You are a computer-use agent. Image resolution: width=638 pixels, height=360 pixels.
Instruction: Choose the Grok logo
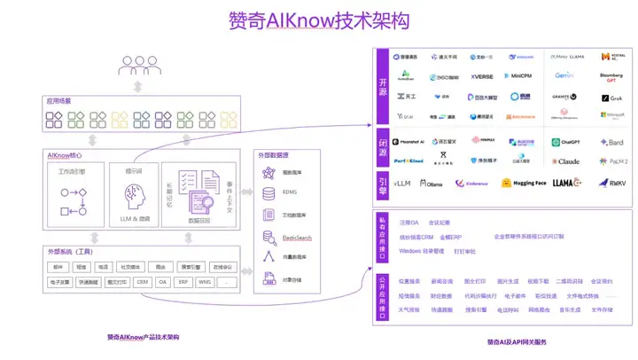coord(612,98)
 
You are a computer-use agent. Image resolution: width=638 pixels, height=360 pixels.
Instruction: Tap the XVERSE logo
coord(482,76)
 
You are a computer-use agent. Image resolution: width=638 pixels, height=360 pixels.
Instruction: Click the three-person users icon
coord(136,66)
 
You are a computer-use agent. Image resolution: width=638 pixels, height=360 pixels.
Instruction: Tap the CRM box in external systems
coord(142,282)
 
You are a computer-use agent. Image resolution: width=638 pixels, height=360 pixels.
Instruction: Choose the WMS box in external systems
coord(205,282)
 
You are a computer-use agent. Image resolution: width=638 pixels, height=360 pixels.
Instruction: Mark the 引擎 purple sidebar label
coord(383,183)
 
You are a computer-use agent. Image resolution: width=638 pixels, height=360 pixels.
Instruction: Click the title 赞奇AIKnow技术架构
coord(318,20)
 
